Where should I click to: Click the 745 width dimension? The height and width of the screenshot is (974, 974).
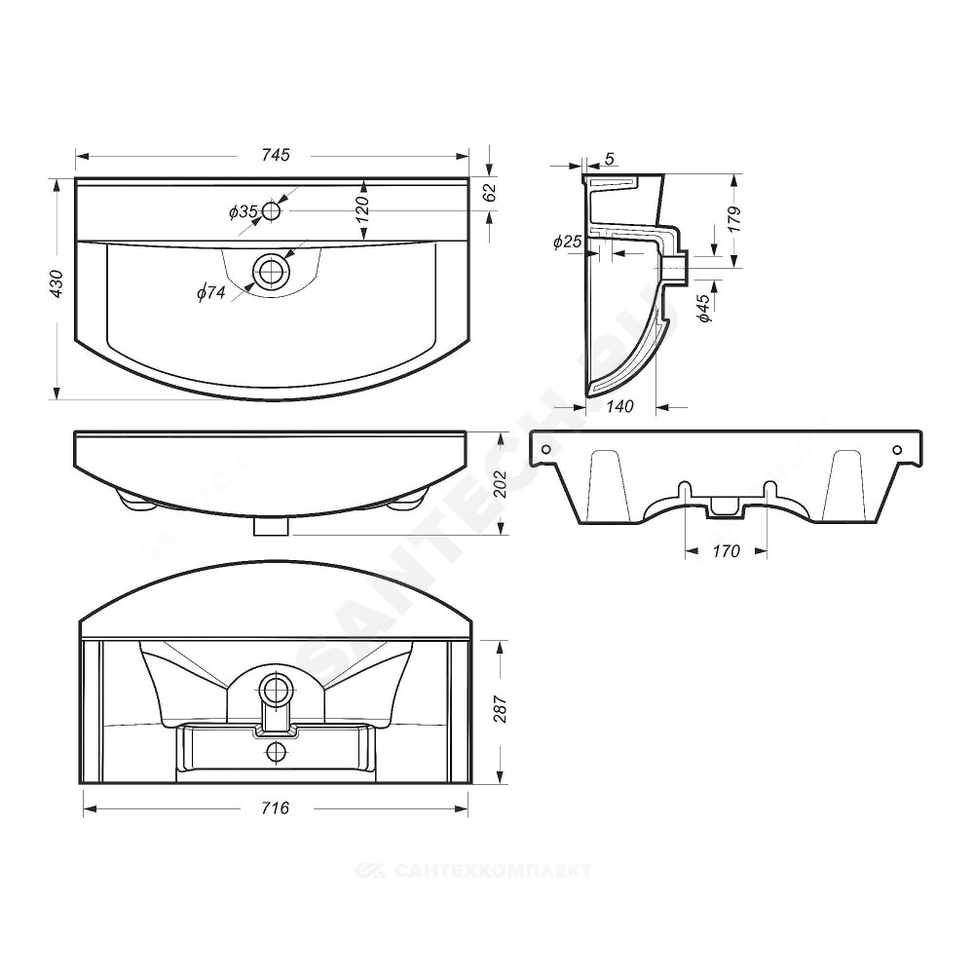click(x=276, y=155)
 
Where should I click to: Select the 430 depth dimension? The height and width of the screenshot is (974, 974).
click(x=56, y=283)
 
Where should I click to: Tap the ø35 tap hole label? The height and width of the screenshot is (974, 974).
click(x=243, y=212)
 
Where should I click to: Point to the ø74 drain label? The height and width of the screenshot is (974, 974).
click(x=211, y=292)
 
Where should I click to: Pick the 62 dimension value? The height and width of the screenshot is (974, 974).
click(x=490, y=193)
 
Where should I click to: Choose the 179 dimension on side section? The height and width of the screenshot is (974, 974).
click(x=734, y=219)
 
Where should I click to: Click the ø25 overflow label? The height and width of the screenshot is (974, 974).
click(x=567, y=242)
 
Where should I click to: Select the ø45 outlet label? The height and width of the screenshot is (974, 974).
click(x=703, y=309)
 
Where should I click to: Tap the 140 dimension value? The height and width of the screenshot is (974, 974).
click(x=619, y=406)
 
